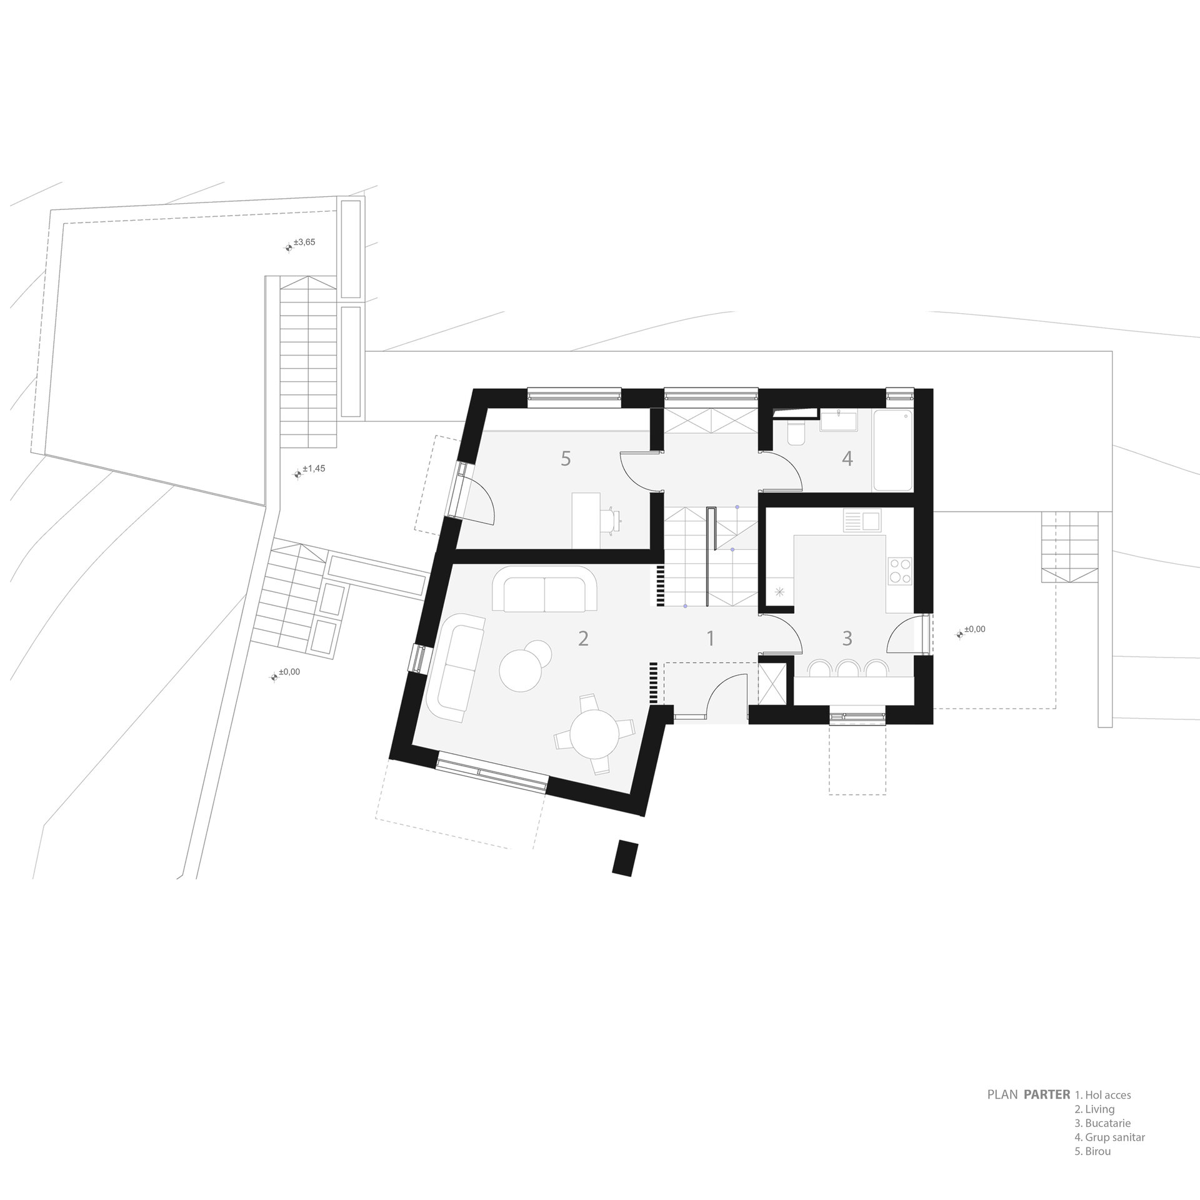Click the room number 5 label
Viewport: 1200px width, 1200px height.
[566, 459]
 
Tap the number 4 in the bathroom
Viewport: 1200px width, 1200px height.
[847, 459]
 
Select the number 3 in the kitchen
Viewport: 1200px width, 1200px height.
[847, 638]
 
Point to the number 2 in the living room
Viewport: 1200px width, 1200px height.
[583, 638]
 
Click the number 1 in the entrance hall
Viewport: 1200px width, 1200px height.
[710, 638]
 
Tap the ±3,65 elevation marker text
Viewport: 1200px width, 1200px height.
[304, 242]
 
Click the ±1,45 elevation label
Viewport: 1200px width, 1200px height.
[314, 468]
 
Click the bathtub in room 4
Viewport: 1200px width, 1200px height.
[892, 450]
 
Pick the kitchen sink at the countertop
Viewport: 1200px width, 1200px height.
[862, 521]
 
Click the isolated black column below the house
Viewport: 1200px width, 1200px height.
[626, 859]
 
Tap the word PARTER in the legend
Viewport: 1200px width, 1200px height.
[1046, 1112]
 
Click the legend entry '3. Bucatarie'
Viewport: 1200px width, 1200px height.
[1102, 1141]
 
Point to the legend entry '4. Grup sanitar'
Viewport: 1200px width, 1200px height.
[1109, 1155]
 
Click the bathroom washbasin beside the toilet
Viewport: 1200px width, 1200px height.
[838, 421]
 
